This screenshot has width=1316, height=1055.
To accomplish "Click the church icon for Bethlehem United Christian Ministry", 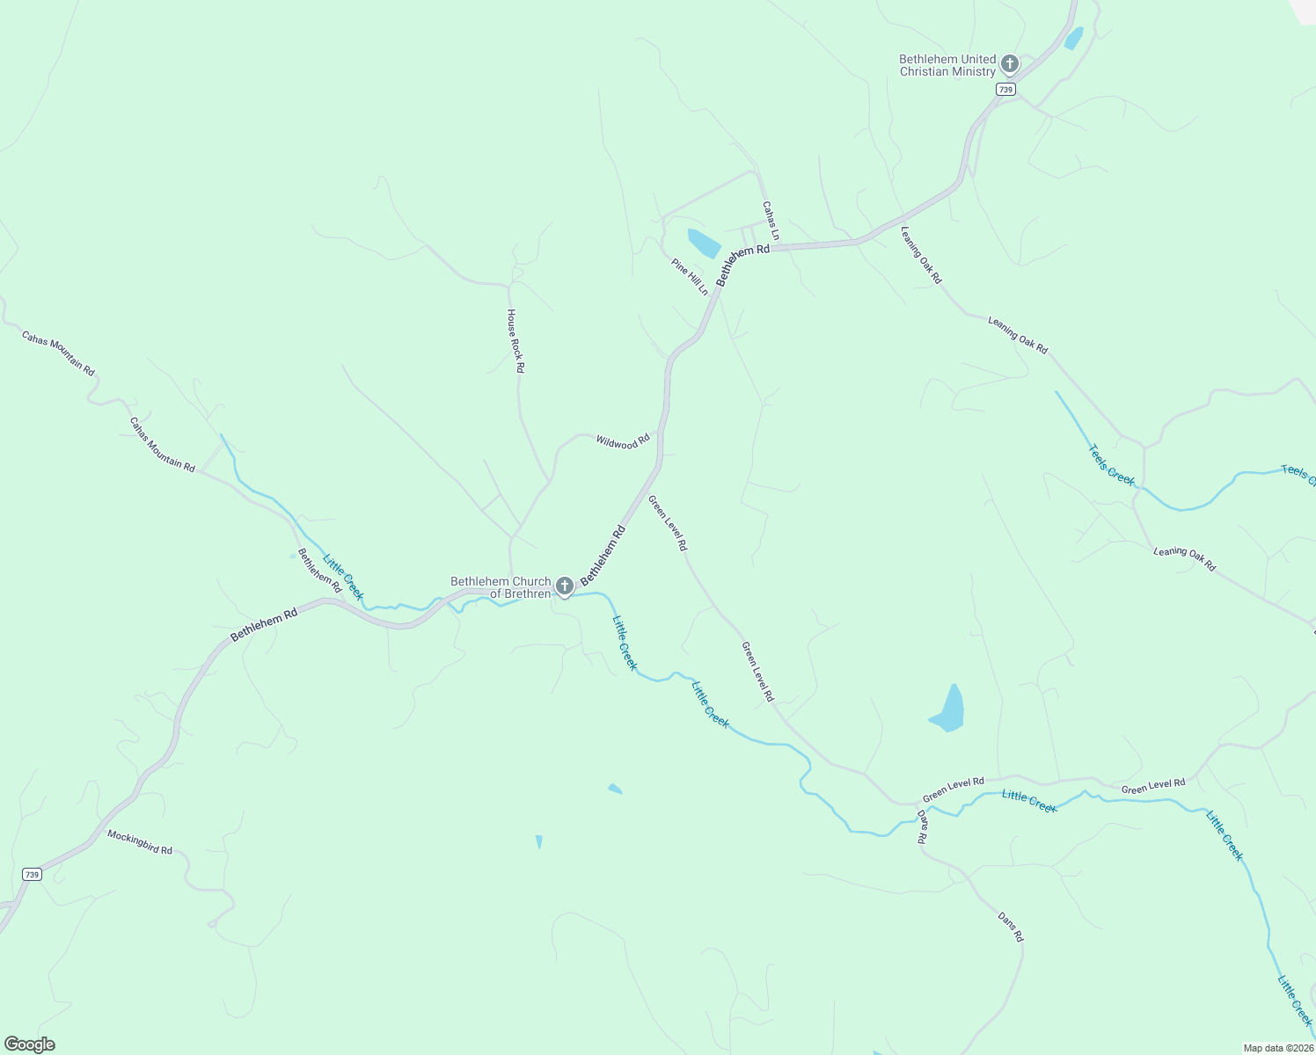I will tap(1009, 63).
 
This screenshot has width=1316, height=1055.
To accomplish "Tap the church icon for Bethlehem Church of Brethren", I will tap(564, 586).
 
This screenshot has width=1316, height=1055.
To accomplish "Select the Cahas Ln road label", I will tap(771, 221).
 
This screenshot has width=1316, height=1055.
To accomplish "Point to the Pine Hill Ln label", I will tap(690, 276).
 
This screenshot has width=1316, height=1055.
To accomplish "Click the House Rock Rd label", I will tap(515, 341).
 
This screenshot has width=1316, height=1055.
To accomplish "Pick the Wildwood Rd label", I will tap(623, 441).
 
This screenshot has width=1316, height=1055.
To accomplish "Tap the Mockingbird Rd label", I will tap(140, 842).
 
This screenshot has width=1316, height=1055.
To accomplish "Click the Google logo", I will tap(29, 1044).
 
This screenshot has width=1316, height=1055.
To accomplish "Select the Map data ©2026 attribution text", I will tap(1278, 1048).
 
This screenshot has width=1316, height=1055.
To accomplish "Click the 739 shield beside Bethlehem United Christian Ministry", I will tap(1006, 90).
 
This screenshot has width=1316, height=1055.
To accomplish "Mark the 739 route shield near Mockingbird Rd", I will tap(32, 874).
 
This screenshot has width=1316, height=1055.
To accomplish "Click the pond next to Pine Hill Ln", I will tap(704, 243).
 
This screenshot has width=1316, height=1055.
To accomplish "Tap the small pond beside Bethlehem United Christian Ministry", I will tap(1073, 39).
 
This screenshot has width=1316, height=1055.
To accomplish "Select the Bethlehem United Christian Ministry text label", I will tap(947, 66).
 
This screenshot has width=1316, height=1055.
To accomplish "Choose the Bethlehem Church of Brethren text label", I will tap(501, 587).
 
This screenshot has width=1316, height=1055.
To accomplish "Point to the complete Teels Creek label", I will tap(1112, 464).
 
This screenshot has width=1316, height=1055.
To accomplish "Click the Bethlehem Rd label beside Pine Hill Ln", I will tap(742, 265).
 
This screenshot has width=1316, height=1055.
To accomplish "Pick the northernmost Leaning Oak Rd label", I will tap(921, 255).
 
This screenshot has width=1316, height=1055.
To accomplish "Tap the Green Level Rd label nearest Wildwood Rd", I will tap(668, 522).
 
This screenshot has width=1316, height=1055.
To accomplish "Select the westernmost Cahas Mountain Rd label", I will tap(58, 353).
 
